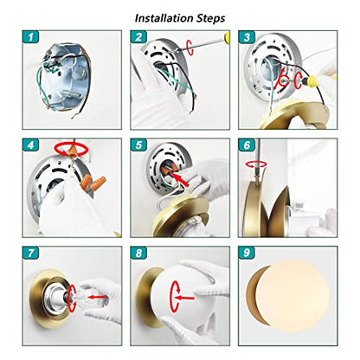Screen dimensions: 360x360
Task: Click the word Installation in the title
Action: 164,18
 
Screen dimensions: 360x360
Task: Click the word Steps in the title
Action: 211,19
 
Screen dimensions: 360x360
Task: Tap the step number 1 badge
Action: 30,37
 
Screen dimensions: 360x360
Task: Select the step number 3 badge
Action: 247,37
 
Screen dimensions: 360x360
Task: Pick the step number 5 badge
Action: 138,145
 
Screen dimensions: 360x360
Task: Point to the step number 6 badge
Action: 247,145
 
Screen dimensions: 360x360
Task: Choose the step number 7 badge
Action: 30,253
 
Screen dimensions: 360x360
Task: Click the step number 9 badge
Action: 247,253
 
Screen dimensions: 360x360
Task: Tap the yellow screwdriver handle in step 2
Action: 227,36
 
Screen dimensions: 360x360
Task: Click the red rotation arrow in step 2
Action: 190,48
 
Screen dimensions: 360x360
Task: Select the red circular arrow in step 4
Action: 71,149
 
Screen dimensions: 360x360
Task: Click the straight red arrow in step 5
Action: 182,180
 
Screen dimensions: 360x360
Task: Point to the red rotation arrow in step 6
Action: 256,164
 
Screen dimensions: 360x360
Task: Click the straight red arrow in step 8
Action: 185,298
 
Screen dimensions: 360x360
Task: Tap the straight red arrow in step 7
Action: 97,297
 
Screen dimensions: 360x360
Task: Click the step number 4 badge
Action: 30,145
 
